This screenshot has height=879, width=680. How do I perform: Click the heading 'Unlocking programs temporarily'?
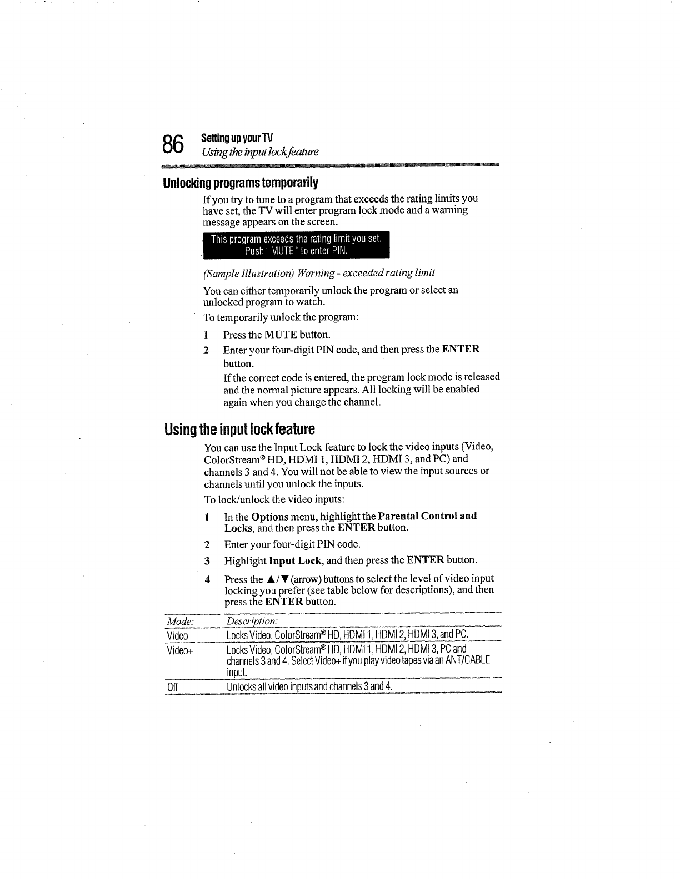(x=241, y=183)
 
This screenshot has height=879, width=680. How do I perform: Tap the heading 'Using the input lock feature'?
(x=239, y=430)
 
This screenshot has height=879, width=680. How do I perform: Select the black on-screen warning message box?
(x=296, y=245)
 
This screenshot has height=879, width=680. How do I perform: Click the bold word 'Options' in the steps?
(x=269, y=516)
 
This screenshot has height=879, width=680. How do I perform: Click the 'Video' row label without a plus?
(x=177, y=635)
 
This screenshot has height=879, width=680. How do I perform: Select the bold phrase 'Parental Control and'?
(x=427, y=516)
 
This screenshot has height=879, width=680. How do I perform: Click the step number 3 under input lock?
(x=207, y=560)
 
